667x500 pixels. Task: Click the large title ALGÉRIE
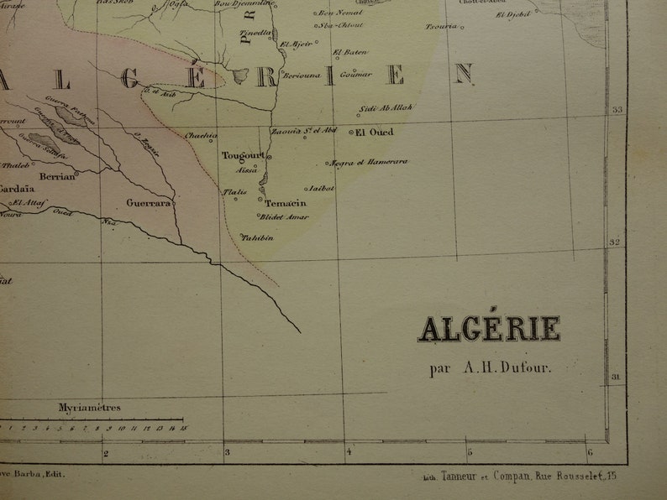(489, 329)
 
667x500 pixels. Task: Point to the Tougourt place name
(244, 155)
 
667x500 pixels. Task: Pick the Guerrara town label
(149, 202)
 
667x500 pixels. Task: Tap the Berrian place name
(57, 176)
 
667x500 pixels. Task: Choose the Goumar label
(357, 74)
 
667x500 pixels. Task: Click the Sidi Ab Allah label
(386, 108)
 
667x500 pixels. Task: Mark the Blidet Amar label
(282, 216)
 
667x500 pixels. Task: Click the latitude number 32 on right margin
(614, 243)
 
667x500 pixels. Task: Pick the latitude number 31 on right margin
(614, 378)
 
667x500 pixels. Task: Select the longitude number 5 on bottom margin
(470, 454)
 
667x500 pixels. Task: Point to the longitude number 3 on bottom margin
(226, 454)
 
